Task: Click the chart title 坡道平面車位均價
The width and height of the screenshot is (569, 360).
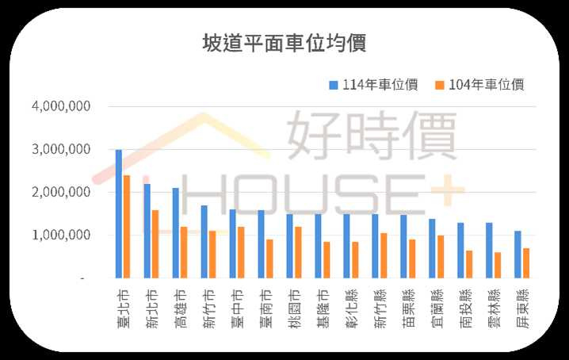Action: pos(284,43)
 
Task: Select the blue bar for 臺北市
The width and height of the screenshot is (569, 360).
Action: pos(119,214)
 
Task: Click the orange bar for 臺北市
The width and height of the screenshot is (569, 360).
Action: pos(127,227)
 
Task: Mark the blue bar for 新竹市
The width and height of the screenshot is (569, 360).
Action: pos(204,242)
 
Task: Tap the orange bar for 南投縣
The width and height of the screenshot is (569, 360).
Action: pos(469,264)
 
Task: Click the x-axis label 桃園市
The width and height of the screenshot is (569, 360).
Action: pos(295,304)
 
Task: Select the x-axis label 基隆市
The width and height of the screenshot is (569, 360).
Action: pos(323,304)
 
